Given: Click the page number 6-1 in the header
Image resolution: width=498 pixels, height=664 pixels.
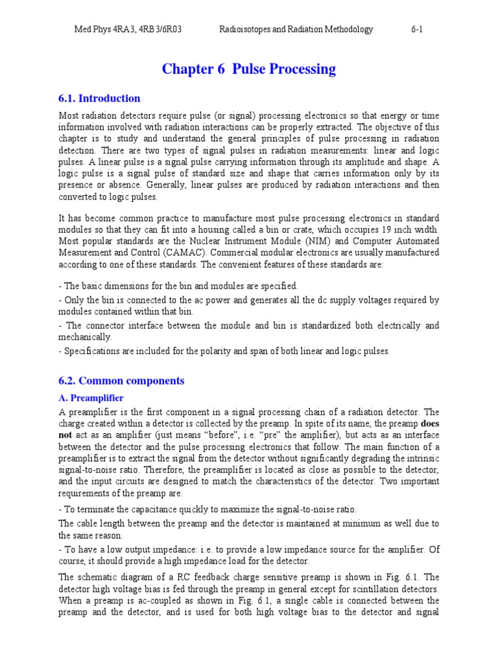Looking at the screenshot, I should (417, 29).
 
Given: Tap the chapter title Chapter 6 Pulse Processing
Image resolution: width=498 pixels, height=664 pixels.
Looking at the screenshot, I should (249, 69).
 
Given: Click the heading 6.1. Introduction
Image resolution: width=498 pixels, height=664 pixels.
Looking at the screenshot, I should (99, 99).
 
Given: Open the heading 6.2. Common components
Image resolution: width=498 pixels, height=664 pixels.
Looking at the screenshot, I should (121, 381).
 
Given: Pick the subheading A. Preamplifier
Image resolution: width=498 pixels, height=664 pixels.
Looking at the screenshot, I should (91, 397).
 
